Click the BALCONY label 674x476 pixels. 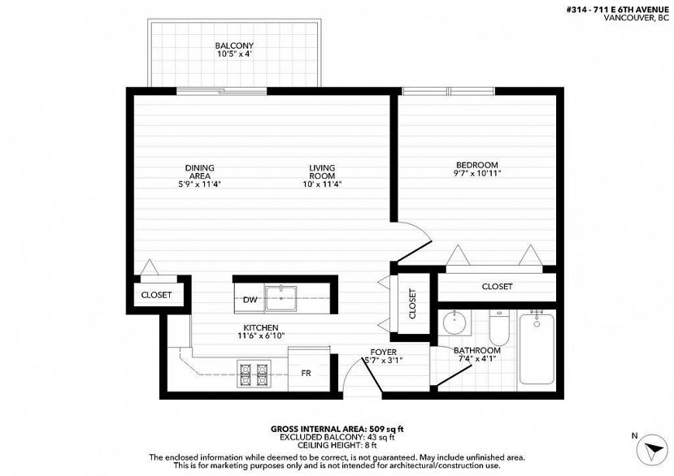[x=234, y=45]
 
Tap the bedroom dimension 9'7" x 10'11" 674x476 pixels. [x=477, y=174]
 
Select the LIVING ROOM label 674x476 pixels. [x=322, y=172]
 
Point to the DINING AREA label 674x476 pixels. [x=200, y=172]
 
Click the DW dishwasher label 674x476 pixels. [x=250, y=300]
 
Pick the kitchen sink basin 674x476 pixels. [x=281, y=298]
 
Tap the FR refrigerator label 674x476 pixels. [x=306, y=374]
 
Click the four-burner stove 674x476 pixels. [x=254, y=374]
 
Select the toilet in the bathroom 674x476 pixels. [x=499, y=327]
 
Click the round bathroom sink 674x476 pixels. [x=453, y=322]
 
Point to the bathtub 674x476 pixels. [x=537, y=348]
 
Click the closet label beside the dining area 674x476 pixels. [x=156, y=295]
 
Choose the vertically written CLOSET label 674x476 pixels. [x=413, y=304]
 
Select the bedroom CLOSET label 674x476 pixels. [x=497, y=287]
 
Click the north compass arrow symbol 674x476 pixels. [x=653, y=450]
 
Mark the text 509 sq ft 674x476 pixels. [x=385, y=429]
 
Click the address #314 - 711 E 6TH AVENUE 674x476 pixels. [x=618, y=10]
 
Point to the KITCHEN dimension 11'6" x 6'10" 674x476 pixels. [x=261, y=336]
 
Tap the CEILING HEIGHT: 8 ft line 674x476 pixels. [x=337, y=445]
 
